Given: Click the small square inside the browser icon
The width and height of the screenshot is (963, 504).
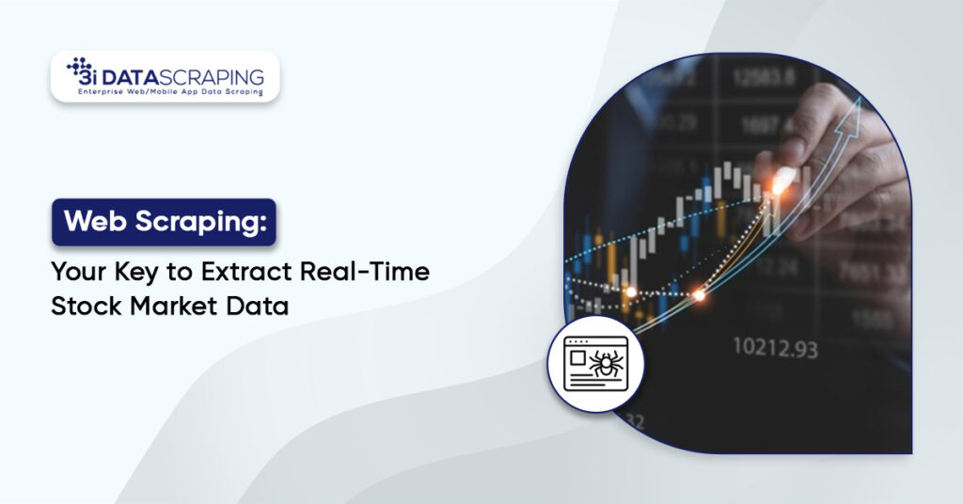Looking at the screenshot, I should tap(576, 357).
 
